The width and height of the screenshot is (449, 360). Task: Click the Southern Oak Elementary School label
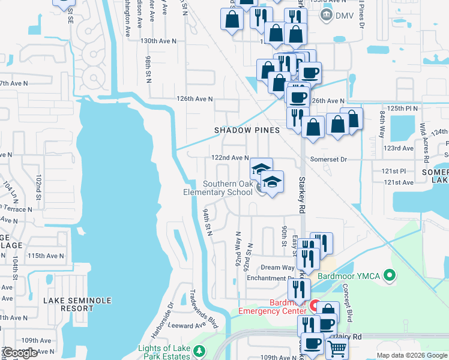[x=227, y=188]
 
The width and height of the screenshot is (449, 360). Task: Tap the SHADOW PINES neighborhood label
[x=247, y=130]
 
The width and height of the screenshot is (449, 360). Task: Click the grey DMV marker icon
[x=327, y=16]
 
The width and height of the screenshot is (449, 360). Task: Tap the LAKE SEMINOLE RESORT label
[x=68, y=304]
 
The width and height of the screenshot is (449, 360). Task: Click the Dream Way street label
[x=277, y=268]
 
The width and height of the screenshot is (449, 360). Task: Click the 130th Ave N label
[x=158, y=41]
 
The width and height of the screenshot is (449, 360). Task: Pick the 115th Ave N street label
[x=46, y=256]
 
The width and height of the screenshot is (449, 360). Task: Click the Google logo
[x=20, y=353]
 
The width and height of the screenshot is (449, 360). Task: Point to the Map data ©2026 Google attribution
[x=411, y=355]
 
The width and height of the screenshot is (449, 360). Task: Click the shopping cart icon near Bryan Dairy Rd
[x=338, y=349]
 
